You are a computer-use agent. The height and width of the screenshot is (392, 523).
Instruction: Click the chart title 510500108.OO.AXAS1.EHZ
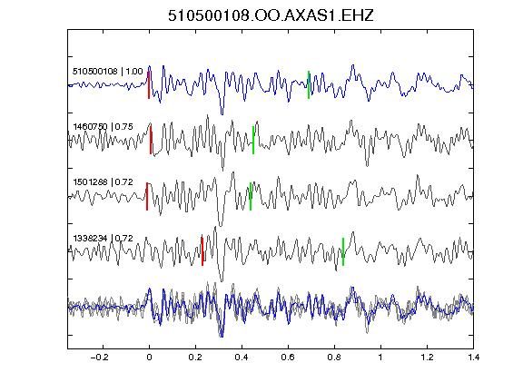271,15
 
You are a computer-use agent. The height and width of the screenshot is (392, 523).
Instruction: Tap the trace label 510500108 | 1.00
107,72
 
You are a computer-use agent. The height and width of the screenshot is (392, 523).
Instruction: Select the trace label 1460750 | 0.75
103,127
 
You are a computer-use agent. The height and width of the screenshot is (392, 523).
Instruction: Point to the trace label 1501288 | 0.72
103,182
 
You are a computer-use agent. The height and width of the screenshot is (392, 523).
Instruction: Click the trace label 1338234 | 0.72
103,239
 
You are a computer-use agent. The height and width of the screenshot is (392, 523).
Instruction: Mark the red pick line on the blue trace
149,85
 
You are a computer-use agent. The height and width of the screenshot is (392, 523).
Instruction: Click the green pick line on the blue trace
309,85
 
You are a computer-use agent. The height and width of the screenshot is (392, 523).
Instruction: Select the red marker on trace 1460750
151,141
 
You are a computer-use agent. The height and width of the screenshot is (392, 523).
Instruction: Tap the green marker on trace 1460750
253,141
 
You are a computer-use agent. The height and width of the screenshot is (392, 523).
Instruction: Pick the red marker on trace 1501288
147,196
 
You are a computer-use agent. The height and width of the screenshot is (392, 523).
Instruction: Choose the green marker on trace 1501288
251,196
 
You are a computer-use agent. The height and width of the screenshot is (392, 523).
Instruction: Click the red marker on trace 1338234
202,251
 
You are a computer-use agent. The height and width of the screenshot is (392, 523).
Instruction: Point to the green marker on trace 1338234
343,251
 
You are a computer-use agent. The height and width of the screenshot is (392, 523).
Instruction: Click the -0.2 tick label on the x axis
100,358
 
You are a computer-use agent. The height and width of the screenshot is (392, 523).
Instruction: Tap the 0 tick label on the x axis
149,358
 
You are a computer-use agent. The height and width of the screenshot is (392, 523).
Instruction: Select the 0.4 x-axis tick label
242,358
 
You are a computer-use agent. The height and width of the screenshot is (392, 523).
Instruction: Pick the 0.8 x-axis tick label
334,358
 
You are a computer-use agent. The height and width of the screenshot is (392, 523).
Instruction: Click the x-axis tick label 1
380,358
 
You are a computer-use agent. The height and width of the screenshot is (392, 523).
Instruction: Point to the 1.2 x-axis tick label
427,358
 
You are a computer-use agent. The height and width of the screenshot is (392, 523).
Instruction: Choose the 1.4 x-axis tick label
473,358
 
